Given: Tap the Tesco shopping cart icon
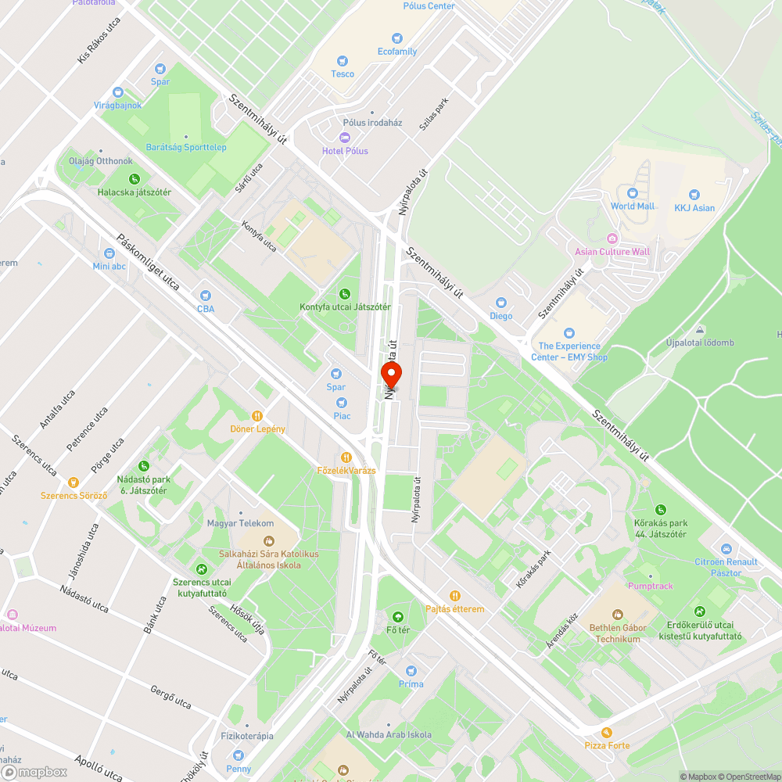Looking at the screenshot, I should click(x=342, y=61).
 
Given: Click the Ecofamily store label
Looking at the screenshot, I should click(x=397, y=52).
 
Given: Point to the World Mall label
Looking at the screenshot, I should click(x=633, y=206).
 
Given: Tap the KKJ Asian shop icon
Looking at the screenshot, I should click(x=694, y=195).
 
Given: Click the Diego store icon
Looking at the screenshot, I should click(x=501, y=303).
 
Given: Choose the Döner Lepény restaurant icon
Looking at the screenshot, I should click(x=257, y=416).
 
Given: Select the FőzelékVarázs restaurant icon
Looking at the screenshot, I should click(x=346, y=457).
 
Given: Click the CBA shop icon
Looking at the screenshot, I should click(x=206, y=296).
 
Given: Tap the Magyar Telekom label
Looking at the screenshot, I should click(x=240, y=523).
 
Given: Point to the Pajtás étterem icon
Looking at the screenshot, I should click(x=454, y=596).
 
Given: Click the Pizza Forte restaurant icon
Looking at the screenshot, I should click(x=607, y=733).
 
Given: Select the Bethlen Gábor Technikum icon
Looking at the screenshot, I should click(x=618, y=615).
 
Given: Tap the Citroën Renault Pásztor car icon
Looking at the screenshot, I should click(x=726, y=549).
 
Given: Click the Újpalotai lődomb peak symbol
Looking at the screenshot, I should click(x=699, y=330).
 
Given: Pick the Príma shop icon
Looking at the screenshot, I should click(x=411, y=671).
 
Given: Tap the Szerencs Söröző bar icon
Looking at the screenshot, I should click(x=74, y=482).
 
